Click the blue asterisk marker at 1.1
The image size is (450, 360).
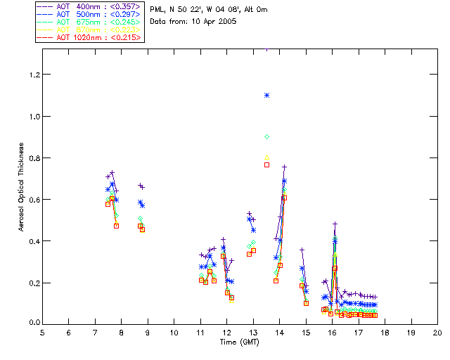point(266,95)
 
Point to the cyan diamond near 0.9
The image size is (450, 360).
point(266,136)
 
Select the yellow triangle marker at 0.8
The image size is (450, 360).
point(266,157)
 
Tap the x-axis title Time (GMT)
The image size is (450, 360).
point(236,342)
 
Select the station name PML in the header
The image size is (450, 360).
point(157,10)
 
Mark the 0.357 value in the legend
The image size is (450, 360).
point(125,6)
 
